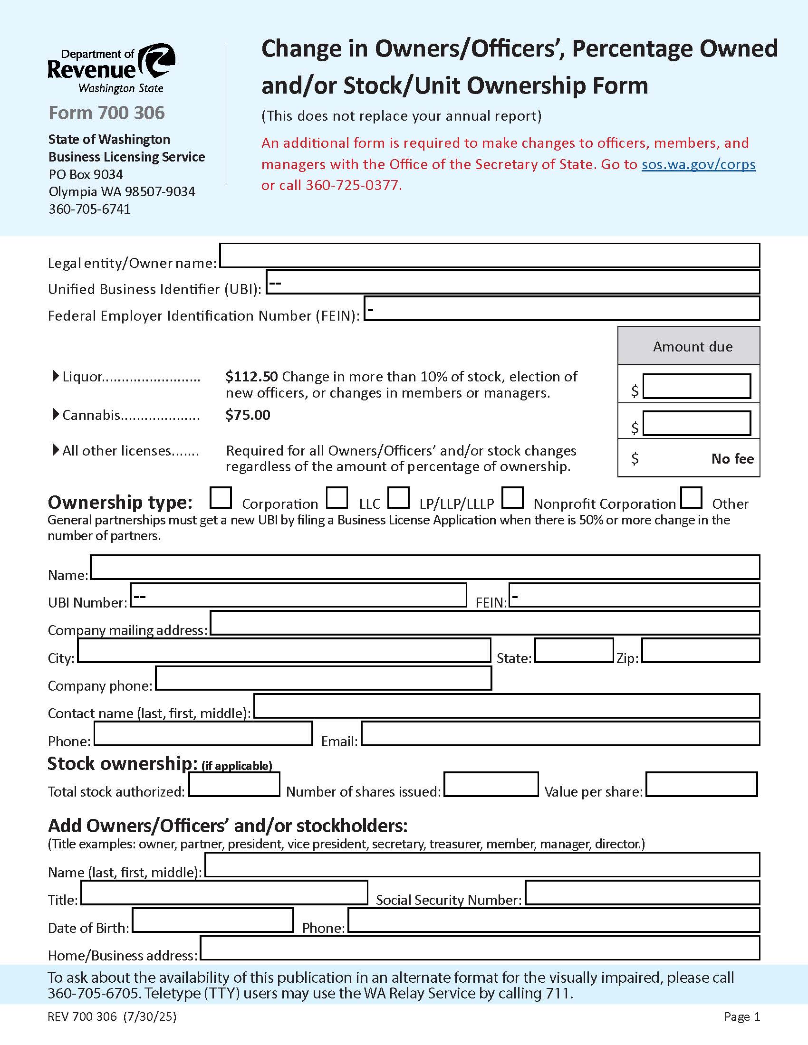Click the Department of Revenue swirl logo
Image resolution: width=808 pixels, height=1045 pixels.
(157, 61)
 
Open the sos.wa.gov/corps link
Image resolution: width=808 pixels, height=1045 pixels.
(698, 164)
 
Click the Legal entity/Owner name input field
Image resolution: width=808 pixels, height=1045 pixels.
(489, 256)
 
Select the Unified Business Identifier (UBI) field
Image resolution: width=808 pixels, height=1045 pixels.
(512, 282)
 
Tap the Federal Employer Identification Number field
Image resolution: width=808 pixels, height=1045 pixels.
(561, 309)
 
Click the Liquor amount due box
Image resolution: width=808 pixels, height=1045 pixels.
(696, 386)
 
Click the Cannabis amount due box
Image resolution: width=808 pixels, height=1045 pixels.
(696, 423)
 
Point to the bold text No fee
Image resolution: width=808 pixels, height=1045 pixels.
(732, 459)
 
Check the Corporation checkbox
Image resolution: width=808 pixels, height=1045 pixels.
(221, 498)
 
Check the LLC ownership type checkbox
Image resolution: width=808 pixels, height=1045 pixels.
(337, 498)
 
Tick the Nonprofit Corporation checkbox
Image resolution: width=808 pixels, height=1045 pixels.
(512, 498)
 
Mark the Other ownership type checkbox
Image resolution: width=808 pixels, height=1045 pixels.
(691, 498)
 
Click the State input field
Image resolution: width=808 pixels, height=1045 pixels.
(574, 651)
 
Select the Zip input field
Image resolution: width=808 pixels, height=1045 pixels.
(700, 651)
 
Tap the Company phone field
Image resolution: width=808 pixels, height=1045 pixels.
(323, 678)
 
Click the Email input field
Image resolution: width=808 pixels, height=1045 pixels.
(560, 734)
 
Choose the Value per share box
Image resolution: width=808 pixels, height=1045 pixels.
(701, 784)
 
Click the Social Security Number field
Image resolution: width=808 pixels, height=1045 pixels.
(642, 893)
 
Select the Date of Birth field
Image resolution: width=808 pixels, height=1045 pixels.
(212, 921)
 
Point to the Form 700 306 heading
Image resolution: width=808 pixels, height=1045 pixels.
(106, 113)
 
